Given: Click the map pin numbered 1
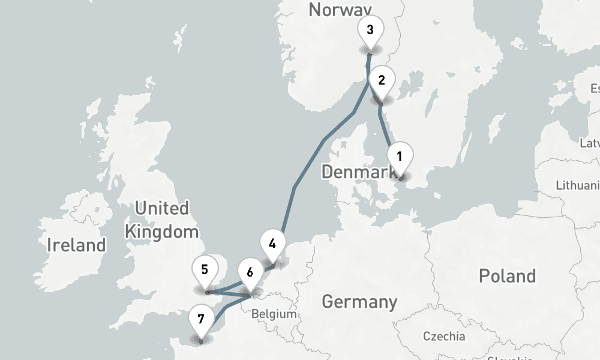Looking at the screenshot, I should coord(400,157).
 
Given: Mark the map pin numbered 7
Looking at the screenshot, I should coord(200,319).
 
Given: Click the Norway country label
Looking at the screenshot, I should coord(340,10).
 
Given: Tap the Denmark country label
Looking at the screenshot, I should coord(360,172).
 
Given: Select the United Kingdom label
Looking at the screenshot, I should coord(161,220).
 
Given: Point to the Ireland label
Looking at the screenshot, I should coord(76,245).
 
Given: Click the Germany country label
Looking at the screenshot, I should coord(359,301).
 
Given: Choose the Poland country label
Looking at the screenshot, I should coord(507,276).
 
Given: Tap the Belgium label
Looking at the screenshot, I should coord(274,314).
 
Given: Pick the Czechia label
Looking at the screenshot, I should coord(443,336).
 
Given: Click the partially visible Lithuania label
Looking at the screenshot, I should coord(577,185).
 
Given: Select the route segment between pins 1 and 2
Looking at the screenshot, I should coord(386,128).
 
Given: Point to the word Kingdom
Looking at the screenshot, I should coord(161,231).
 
